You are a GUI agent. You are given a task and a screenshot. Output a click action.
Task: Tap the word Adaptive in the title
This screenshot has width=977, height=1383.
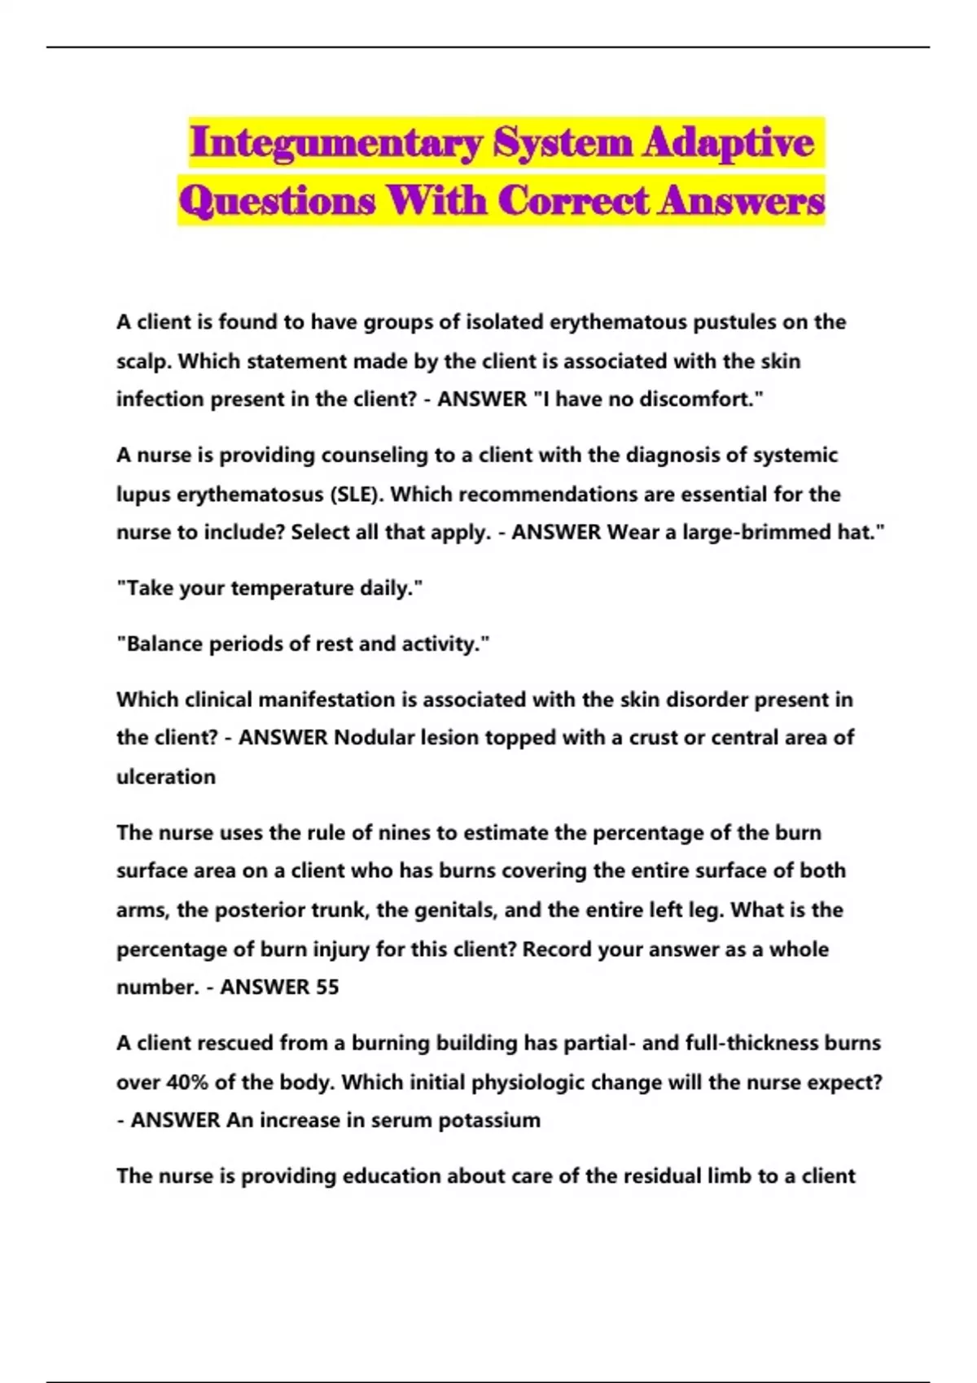(729, 143)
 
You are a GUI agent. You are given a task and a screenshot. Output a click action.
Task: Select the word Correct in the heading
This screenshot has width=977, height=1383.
(574, 201)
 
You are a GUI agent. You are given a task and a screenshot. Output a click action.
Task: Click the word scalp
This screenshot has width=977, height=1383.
(142, 361)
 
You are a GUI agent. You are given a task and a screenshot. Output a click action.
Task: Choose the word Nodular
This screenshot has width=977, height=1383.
(374, 738)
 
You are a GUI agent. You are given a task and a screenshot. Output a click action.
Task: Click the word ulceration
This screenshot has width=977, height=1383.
(166, 777)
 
